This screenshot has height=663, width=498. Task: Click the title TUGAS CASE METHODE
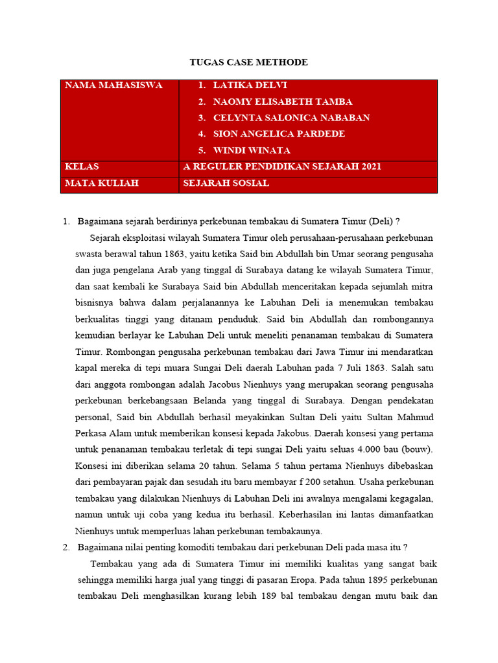(248, 62)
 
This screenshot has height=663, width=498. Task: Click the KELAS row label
(82, 167)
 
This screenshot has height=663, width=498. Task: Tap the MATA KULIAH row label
(102, 184)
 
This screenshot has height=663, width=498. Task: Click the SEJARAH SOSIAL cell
(226, 184)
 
